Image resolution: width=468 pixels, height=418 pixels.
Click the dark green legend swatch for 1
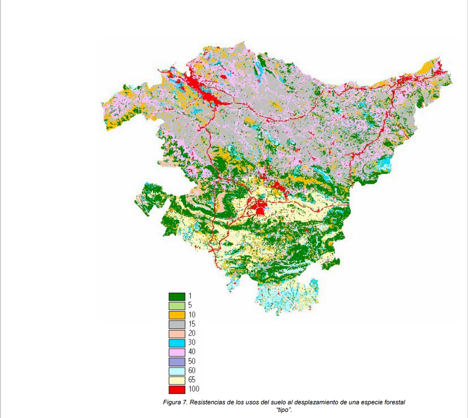(x=177, y=296)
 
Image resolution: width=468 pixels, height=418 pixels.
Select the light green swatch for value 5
(x=177, y=305)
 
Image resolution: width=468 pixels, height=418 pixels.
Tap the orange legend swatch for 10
(x=177, y=315)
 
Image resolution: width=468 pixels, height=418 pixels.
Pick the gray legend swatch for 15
(x=177, y=324)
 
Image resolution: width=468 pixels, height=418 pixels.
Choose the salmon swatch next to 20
(x=177, y=334)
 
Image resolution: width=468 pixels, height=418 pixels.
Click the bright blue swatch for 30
(x=177, y=343)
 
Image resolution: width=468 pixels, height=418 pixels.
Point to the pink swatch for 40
(x=177, y=352)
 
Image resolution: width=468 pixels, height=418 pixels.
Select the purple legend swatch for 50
(x=177, y=361)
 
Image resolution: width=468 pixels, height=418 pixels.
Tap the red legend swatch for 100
(x=177, y=390)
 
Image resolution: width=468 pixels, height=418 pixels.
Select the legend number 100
(x=193, y=389)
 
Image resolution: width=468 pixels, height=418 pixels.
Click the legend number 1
(x=190, y=296)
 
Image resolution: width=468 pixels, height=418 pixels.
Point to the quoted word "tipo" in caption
(x=284, y=410)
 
